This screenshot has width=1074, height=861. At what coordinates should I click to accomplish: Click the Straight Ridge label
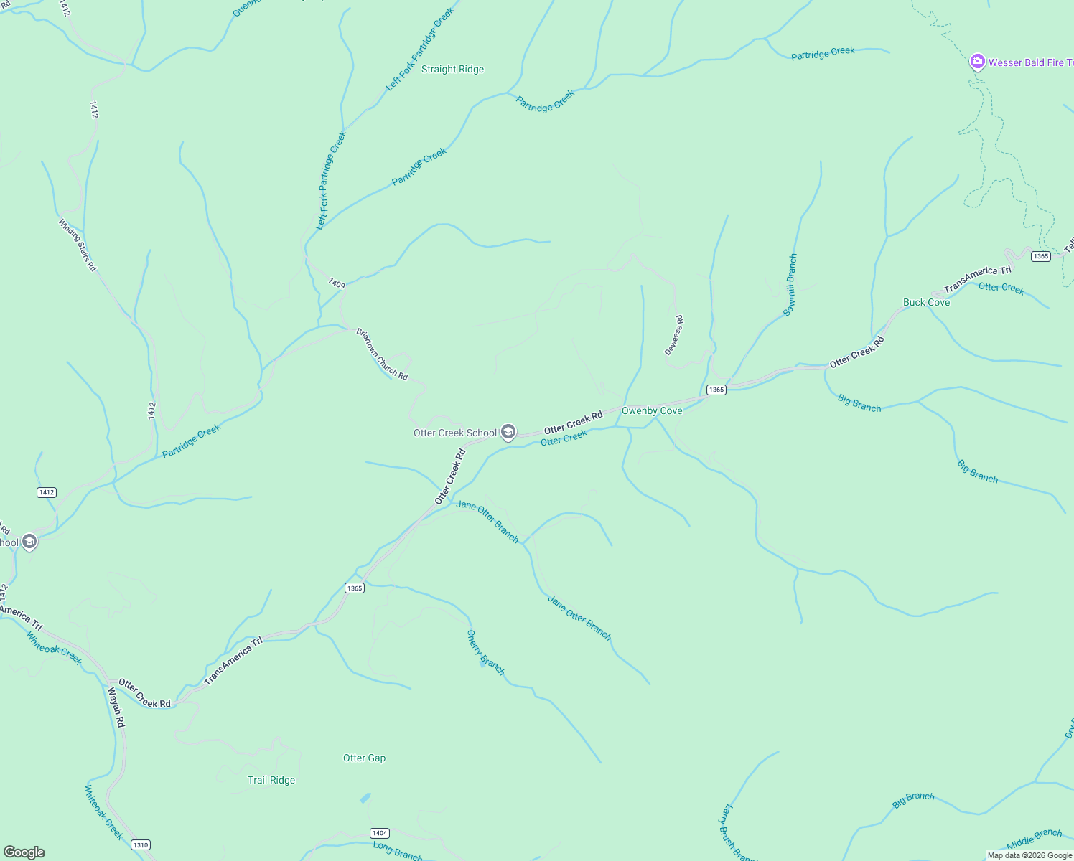click(452, 70)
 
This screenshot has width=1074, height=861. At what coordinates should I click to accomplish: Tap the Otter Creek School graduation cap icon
click(508, 432)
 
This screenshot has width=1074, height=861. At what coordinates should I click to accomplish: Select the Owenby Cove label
click(652, 411)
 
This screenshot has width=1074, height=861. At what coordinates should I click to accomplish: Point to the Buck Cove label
click(926, 303)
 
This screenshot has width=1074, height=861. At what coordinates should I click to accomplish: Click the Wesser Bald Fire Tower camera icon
click(977, 62)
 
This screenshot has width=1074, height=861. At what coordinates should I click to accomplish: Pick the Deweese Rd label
click(674, 335)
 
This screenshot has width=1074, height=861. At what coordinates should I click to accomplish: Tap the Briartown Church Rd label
click(382, 354)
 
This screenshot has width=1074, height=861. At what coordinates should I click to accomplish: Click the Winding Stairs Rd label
click(77, 245)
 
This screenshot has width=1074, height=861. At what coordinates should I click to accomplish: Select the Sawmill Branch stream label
click(790, 285)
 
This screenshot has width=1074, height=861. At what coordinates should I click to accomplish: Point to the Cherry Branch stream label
click(486, 652)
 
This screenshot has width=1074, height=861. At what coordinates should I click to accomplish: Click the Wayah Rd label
click(116, 707)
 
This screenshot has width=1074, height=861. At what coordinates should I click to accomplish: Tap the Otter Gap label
click(364, 758)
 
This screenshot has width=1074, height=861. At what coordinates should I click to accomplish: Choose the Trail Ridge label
click(271, 781)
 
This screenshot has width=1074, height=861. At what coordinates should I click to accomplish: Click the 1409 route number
click(337, 284)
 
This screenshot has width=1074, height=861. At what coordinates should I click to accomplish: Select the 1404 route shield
click(380, 833)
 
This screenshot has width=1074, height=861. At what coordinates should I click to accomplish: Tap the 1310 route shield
click(141, 844)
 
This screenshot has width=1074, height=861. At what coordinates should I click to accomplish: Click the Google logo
click(24, 852)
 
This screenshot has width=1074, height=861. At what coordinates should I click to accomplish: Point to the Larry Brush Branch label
click(737, 833)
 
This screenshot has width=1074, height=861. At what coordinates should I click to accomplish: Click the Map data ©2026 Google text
click(1029, 855)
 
